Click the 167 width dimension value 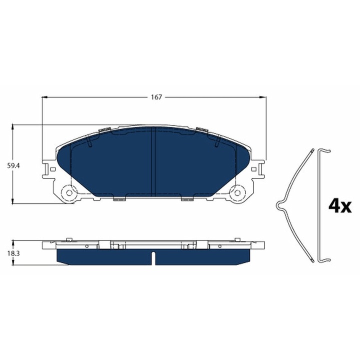[156, 97]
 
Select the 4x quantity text [340, 205]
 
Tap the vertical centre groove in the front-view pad [154, 162]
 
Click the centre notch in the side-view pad [154, 259]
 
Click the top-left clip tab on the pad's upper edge [104, 129]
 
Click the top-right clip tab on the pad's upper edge [202, 129]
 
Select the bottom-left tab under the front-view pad [119, 200]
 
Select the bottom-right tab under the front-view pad [187, 200]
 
